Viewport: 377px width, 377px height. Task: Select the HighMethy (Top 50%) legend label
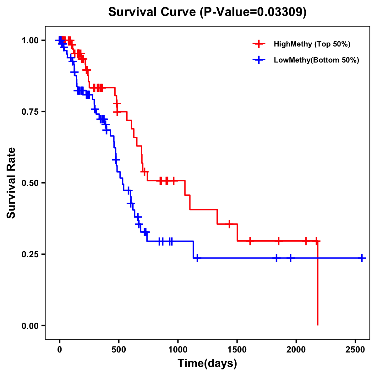(x=312, y=44)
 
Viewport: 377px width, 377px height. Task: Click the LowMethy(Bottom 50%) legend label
(x=316, y=60)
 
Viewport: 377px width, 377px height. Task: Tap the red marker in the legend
(x=259, y=44)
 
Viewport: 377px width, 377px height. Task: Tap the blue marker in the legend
(x=259, y=60)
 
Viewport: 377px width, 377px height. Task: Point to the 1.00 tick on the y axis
(x=30, y=41)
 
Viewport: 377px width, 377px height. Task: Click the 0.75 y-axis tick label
(x=30, y=112)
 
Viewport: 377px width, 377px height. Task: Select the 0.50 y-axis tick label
(x=30, y=183)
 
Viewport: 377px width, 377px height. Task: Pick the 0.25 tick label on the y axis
(x=30, y=254)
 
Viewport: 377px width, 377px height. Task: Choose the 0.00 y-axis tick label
(x=30, y=326)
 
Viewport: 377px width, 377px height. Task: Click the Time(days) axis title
(x=207, y=363)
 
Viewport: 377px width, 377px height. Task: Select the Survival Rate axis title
(x=12, y=183)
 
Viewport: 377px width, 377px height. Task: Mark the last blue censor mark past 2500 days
(x=362, y=258)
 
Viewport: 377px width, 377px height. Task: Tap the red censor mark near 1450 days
(x=229, y=224)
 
